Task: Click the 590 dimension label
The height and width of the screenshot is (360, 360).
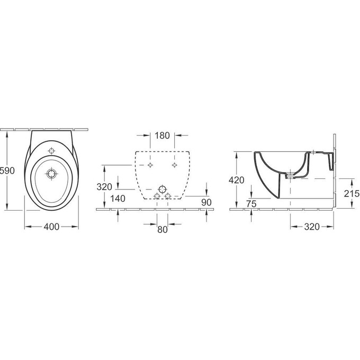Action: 7,170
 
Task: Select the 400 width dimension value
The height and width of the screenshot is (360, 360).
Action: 51,227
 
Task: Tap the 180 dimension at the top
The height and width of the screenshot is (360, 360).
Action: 162,136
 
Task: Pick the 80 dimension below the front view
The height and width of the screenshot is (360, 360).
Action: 162,229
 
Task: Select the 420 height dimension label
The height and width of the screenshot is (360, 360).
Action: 236,180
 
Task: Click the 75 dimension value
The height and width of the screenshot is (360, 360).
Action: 251,203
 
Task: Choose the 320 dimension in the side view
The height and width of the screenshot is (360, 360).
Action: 312,227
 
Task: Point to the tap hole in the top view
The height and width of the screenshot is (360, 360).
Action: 51,151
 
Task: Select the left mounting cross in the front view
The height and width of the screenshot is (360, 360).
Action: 150,165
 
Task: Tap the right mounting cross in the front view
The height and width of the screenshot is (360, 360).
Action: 174,165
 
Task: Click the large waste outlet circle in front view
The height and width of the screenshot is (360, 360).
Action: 162,189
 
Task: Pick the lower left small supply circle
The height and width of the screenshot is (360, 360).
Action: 156,196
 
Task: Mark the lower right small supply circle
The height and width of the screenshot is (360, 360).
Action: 168,196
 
